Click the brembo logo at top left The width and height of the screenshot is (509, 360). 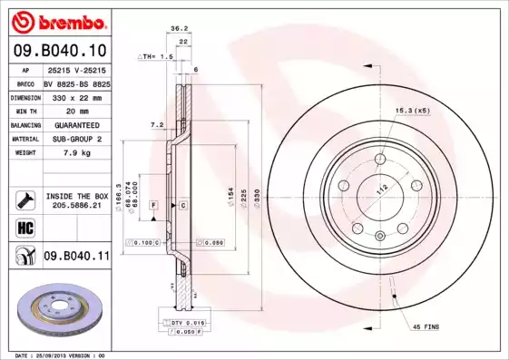[57, 20]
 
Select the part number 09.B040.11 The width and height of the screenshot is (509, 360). [76, 257]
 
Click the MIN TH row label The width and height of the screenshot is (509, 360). [23, 110]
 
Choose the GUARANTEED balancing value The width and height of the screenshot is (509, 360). [76, 124]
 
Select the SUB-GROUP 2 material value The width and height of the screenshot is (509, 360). [76, 139]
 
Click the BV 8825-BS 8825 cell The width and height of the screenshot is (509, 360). [76, 82]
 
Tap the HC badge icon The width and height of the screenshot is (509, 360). [24, 228]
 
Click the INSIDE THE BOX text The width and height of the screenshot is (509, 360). [76, 195]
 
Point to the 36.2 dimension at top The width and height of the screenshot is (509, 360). [179, 28]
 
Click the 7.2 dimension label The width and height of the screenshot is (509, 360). [155, 123]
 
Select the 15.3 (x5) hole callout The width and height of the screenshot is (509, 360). [411, 111]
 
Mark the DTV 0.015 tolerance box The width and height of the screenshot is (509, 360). [183, 323]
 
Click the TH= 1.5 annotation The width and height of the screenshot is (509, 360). [155, 56]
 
